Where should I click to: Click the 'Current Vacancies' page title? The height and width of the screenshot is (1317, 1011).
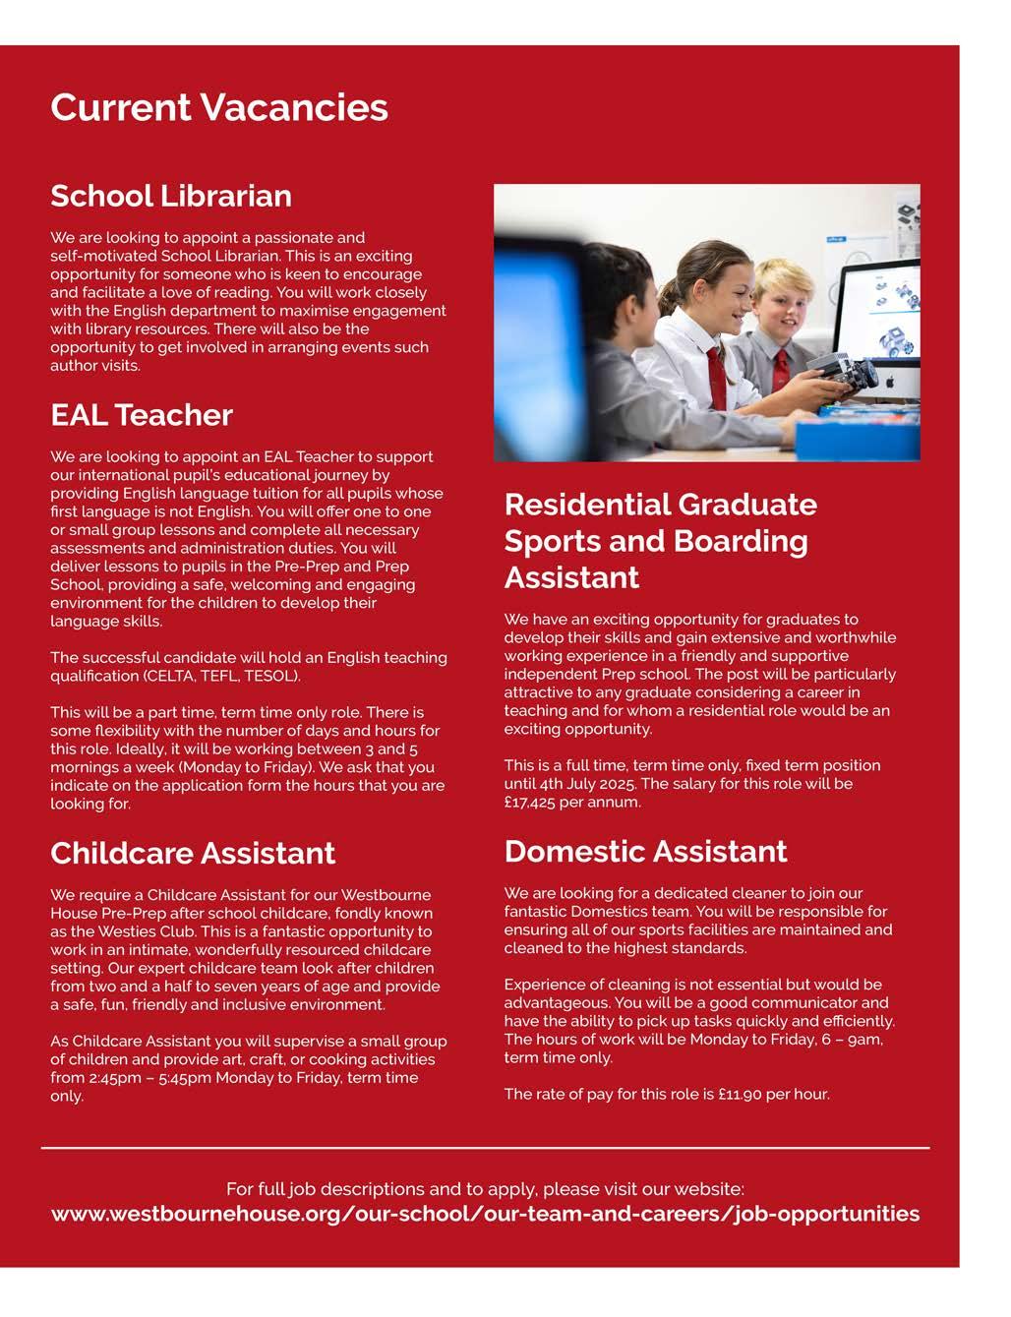(x=218, y=107)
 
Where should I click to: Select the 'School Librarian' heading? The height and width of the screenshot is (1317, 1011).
(x=171, y=196)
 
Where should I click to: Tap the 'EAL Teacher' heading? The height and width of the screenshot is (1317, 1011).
(x=142, y=415)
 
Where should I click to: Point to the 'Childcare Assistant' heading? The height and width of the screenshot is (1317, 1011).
(x=193, y=853)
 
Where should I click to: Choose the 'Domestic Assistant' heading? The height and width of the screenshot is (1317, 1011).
(x=645, y=851)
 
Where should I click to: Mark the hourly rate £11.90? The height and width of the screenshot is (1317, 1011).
(x=736, y=1094)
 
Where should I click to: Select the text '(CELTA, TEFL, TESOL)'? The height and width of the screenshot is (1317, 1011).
(x=221, y=676)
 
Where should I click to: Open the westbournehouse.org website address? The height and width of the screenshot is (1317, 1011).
(x=485, y=1214)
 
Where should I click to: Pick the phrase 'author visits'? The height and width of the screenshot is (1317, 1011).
(x=95, y=366)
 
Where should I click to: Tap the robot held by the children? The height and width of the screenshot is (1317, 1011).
(x=851, y=375)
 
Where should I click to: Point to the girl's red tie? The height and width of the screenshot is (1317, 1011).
(x=716, y=378)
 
